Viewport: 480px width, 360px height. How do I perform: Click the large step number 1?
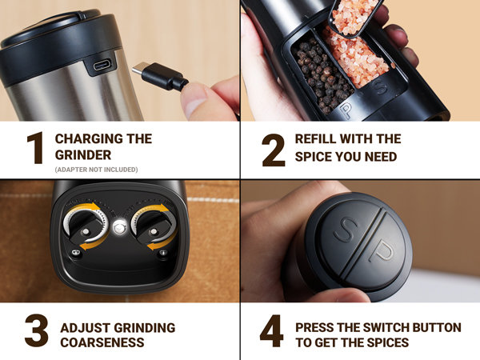click(x=34, y=149)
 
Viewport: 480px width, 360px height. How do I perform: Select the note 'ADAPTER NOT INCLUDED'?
click(x=96, y=170)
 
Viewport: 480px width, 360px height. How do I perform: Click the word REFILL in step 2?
click(x=315, y=139)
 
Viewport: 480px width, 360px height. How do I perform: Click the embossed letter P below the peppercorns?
click(x=346, y=110)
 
